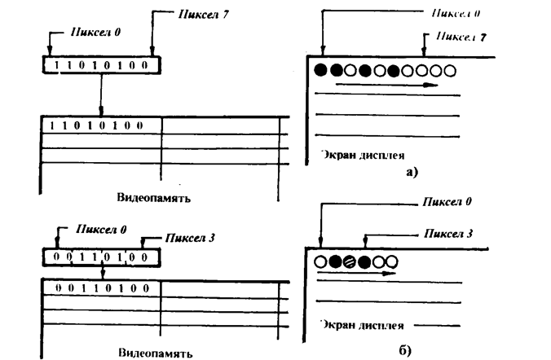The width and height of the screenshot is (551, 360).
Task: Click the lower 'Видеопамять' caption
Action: [155, 355]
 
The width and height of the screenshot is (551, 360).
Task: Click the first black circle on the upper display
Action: [320, 70]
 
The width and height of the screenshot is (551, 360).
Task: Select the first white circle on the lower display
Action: [320, 262]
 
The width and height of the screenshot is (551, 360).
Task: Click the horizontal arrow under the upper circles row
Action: [386, 84]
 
